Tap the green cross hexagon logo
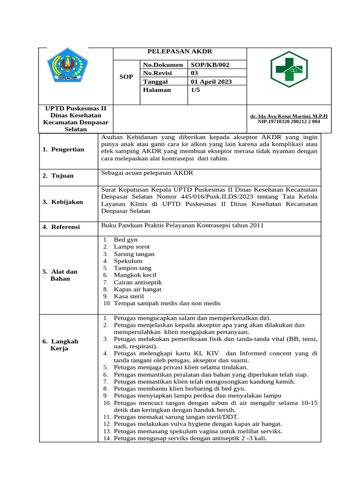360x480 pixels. click(x=289, y=69)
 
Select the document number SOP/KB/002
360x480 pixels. click(x=210, y=65)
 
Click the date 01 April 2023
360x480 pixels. click(x=211, y=82)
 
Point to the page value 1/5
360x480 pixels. click(x=195, y=90)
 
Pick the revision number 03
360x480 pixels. click(x=195, y=73)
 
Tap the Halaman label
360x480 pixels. click(x=157, y=90)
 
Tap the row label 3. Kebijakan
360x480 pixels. click(x=63, y=202)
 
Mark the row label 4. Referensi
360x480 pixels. click(x=61, y=227)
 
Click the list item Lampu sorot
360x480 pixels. click(x=132, y=247)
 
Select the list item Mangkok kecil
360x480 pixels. click(x=135, y=275)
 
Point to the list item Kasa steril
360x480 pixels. click(x=130, y=296)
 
